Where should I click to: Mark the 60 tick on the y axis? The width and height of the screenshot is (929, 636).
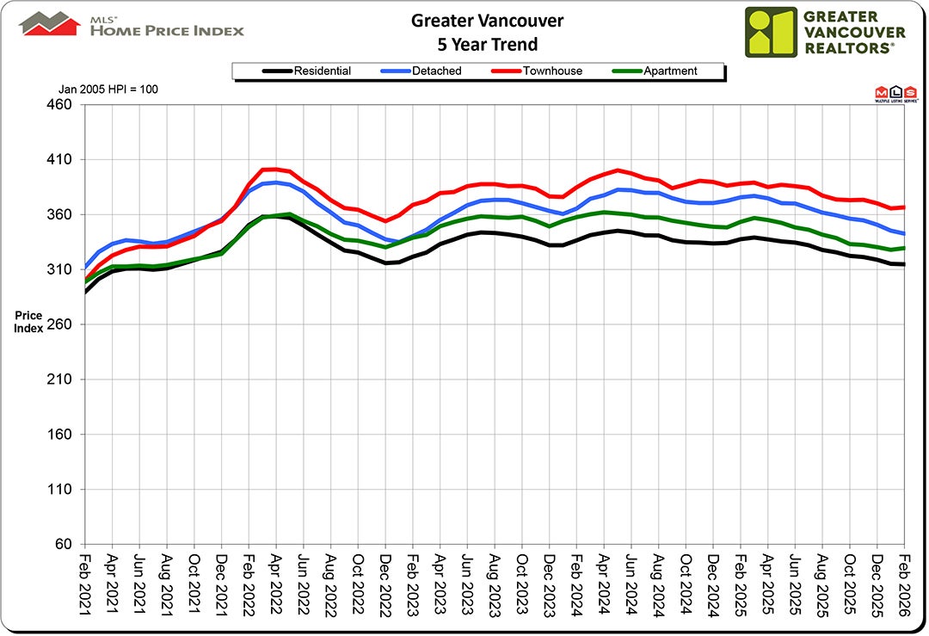coord(68,545)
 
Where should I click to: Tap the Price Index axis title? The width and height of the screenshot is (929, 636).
coord(28,323)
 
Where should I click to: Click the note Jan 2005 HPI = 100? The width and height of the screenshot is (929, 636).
coord(108,90)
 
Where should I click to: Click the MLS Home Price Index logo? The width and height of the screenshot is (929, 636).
coord(132,23)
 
